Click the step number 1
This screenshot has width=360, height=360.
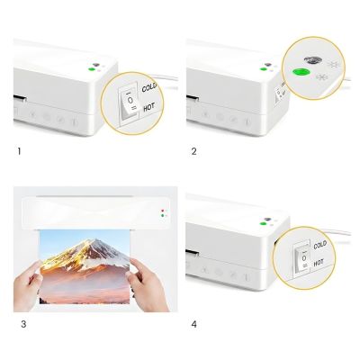(x=19, y=150)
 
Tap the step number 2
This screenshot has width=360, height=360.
(x=193, y=150)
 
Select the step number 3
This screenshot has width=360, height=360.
(x=19, y=323)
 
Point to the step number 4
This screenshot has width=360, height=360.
(x=193, y=323)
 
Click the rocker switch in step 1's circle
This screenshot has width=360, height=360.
(x=131, y=102)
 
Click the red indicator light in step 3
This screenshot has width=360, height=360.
(x=162, y=211)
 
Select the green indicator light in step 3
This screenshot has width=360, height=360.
(x=162, y=216)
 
